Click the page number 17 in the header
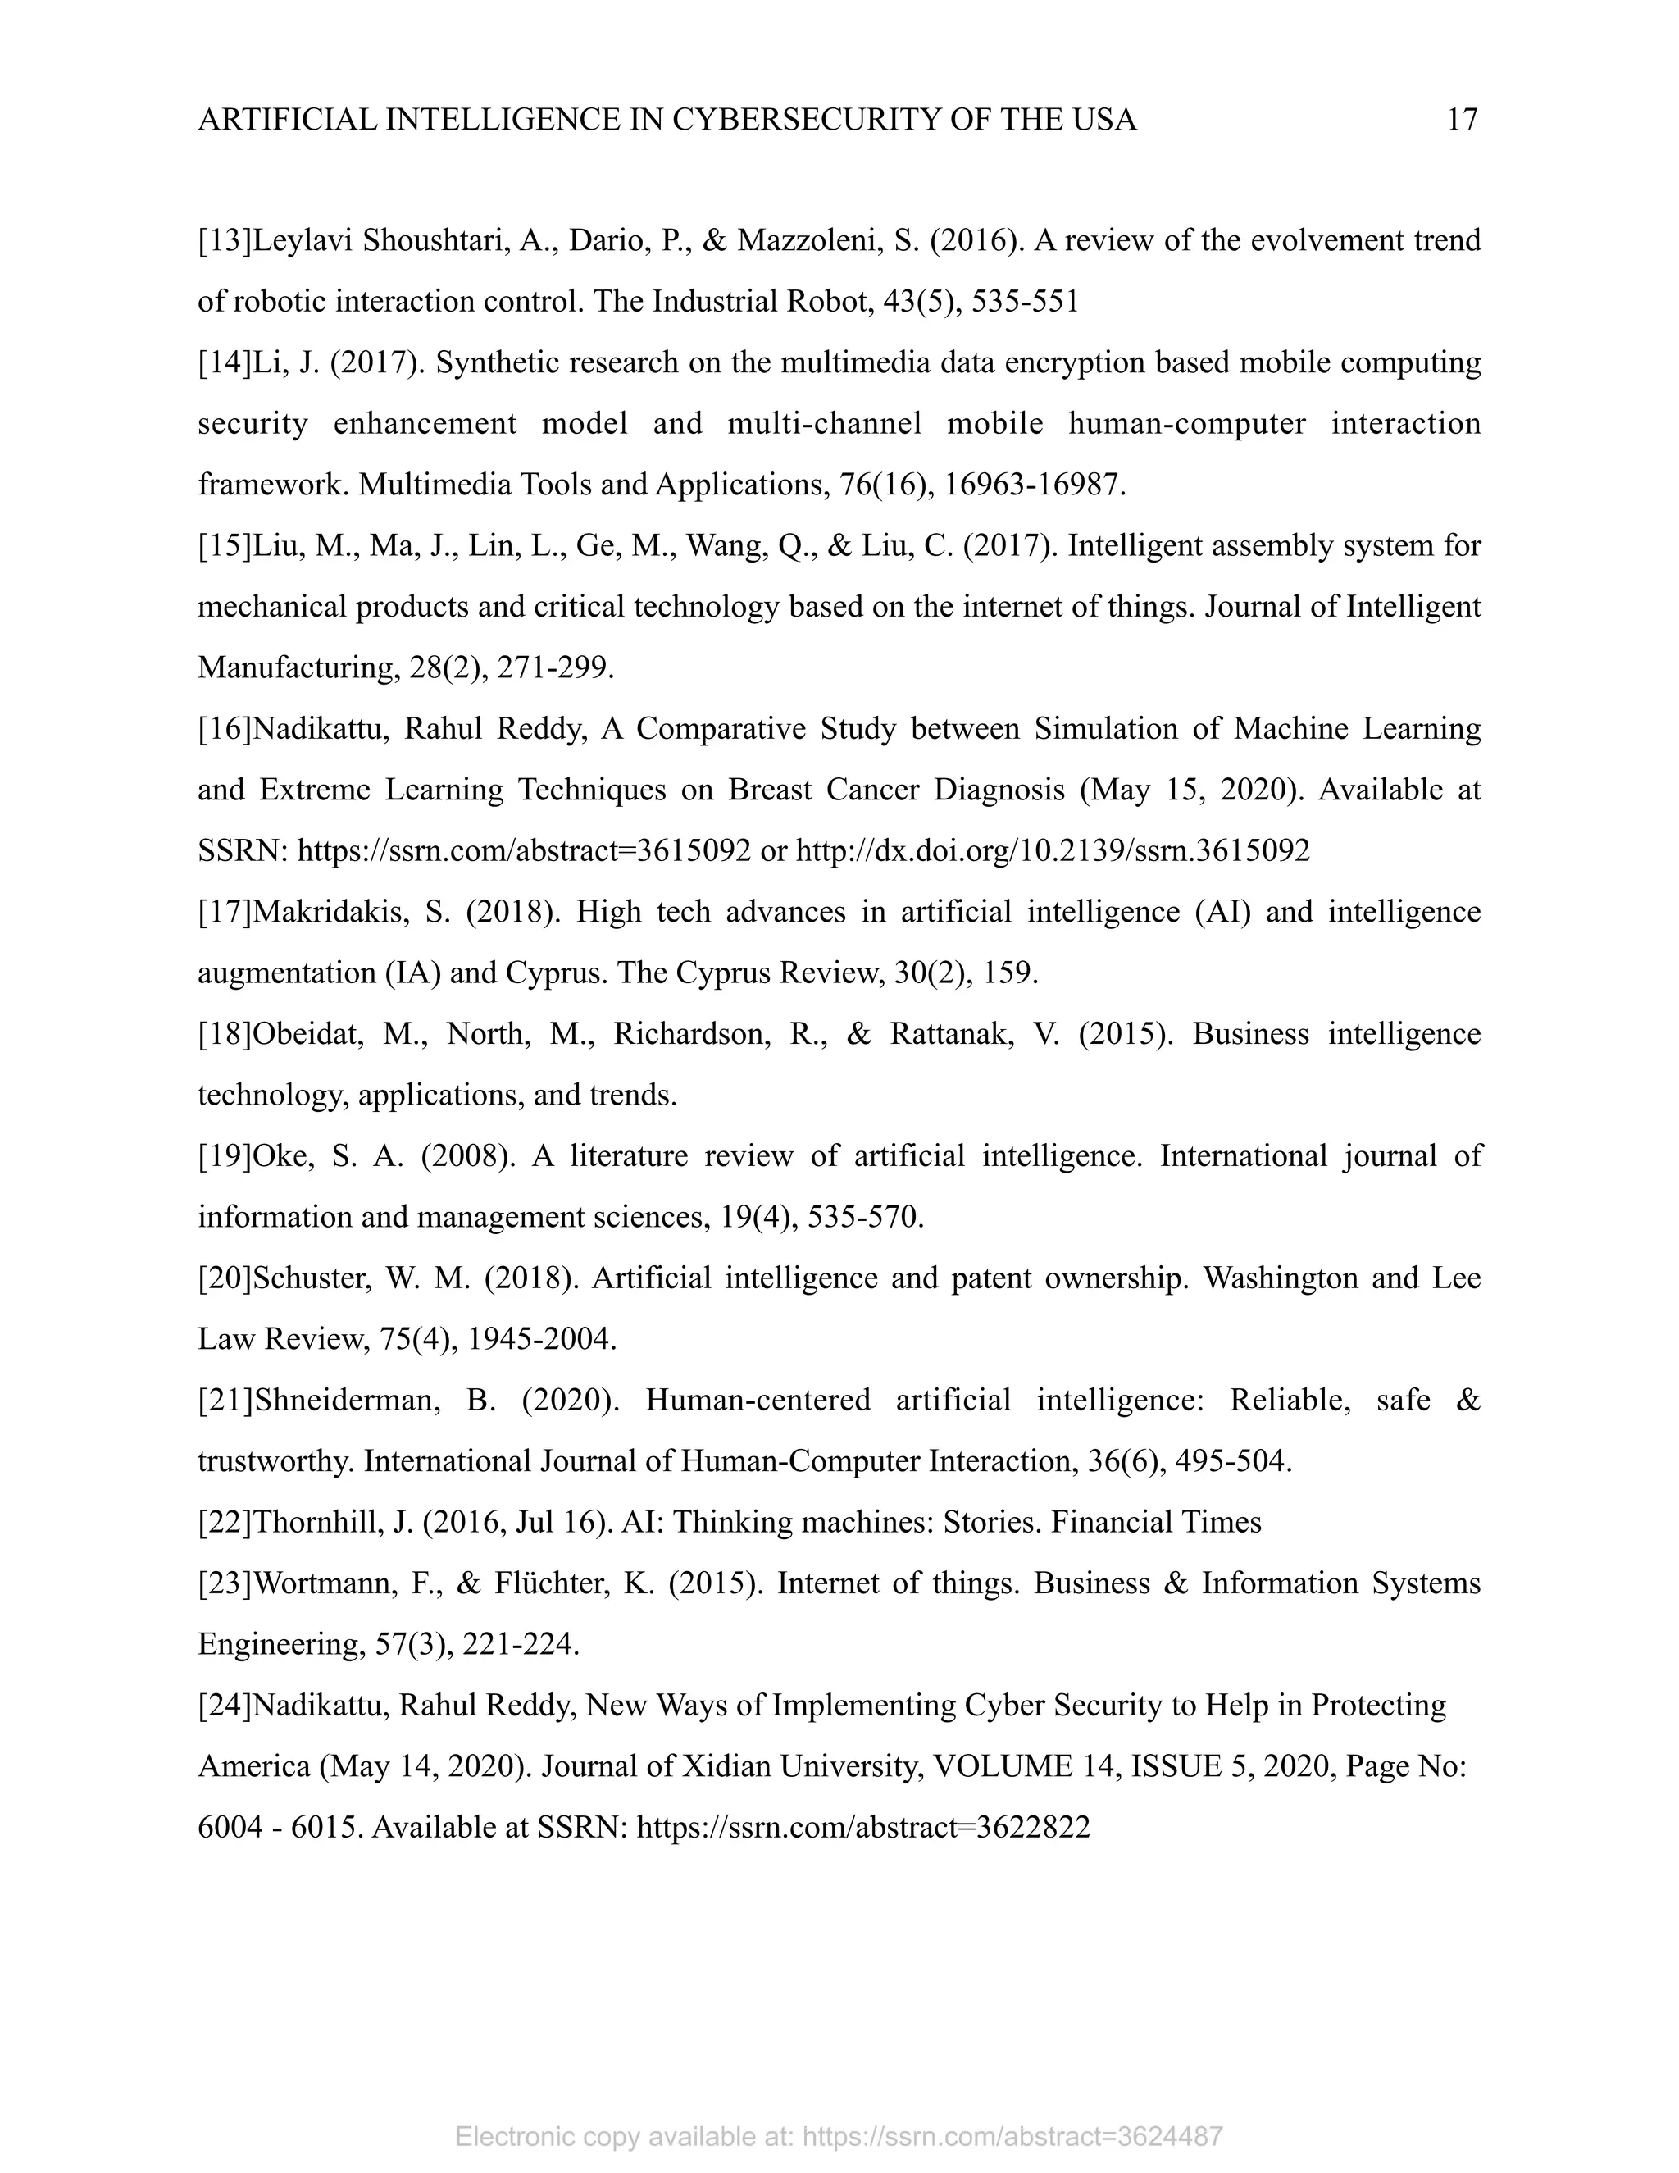pyautogui.click(x=1461, y=121)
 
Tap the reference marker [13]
pyautogui.click(x=225, y=241)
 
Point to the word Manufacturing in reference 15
pyautogui.click(x=298, y=667)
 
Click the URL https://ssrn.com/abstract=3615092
pyautogui.click(x=524, y=850)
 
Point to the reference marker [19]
pyautogui.click(x=225, y=1156)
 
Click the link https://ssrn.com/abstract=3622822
pyautogui.click(x=862, y=1828)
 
